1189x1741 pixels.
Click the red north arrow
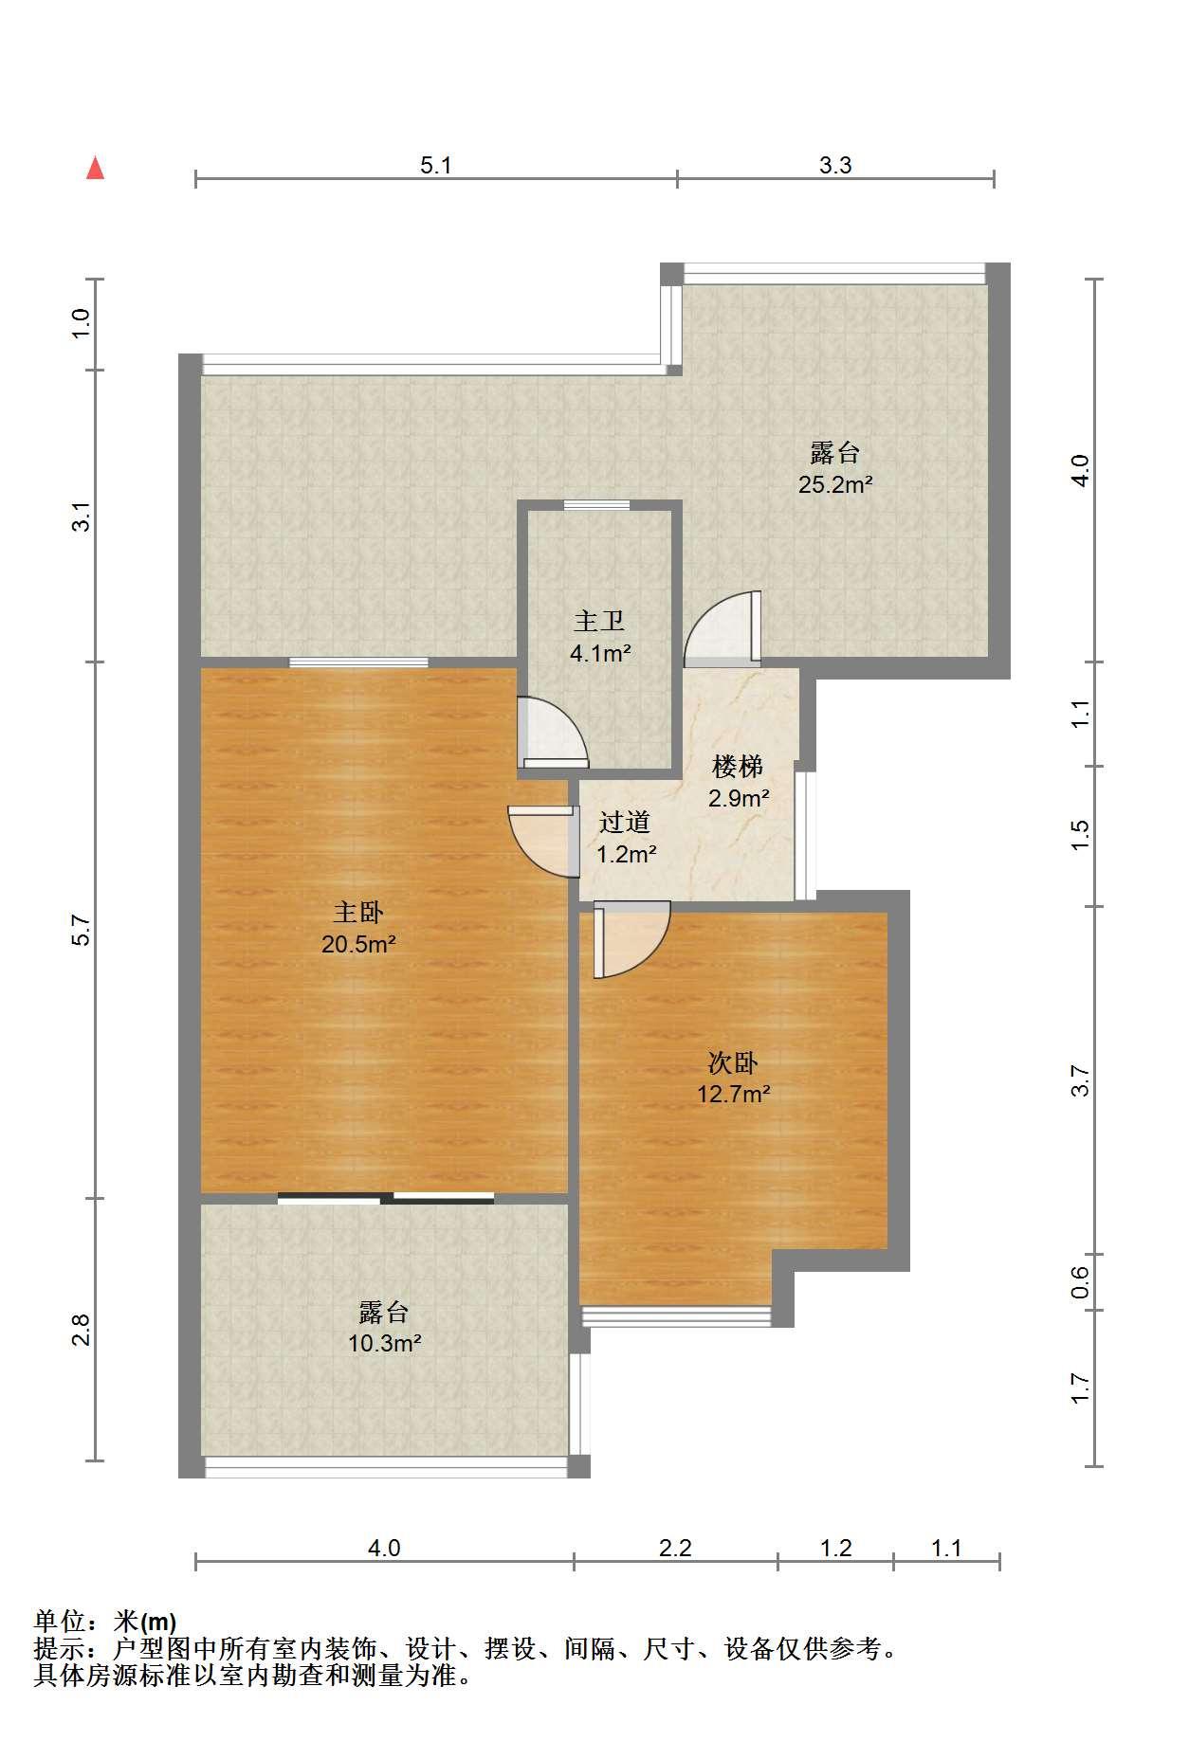tap(95, 168)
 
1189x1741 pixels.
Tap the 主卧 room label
tap(358, 913)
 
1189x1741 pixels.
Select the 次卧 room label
tap(733, 1062)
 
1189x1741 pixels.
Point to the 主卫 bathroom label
tap(599, 621)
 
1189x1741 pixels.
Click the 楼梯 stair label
tap(738, 766)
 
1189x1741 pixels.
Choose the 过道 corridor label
tap(625, 822)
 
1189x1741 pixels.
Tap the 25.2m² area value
tap(835, 485)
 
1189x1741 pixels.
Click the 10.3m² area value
tap(384, 1343)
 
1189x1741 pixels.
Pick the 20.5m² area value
tap(358, 944)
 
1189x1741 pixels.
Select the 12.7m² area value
tap(733, 1094)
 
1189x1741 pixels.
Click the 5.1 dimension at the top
tap(436, 165)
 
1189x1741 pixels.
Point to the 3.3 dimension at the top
tap(835, 165)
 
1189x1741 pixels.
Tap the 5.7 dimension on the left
tap(82, 930)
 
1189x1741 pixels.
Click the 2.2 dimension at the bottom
tap(675, 1548)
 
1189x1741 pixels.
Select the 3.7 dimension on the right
tap(1080, 1080)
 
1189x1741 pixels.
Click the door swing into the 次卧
tap(631, 939)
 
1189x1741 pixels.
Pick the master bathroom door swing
tap(553, 733)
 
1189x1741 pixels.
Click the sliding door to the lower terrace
tap(386, 1198)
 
